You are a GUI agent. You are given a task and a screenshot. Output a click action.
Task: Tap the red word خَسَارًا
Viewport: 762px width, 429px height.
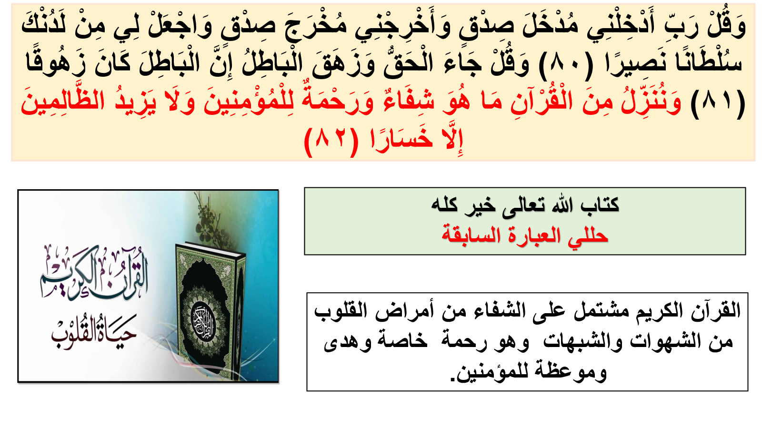pos(401,140)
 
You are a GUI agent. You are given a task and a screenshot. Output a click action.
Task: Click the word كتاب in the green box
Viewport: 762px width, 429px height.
pos(600,205)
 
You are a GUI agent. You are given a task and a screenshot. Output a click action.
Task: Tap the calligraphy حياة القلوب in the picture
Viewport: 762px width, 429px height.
pos(94,331)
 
